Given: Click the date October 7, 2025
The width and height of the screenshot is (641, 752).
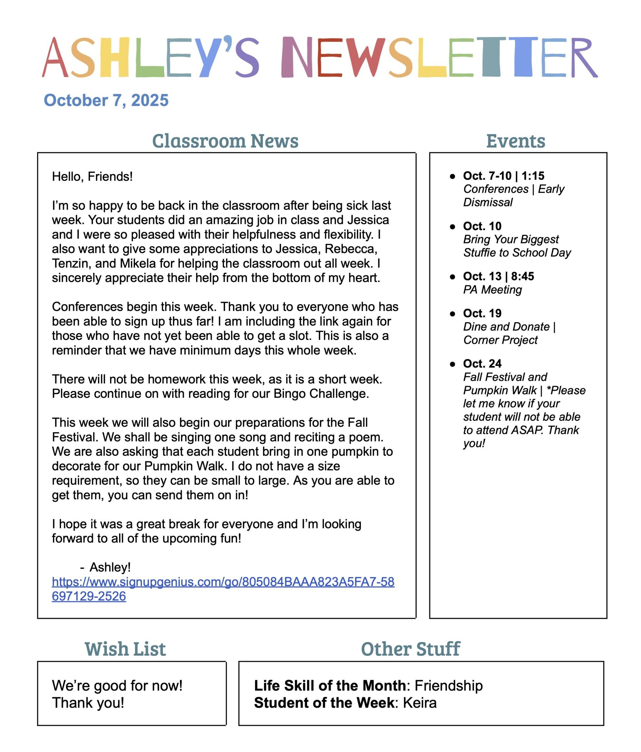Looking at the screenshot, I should click(x=106, y=100).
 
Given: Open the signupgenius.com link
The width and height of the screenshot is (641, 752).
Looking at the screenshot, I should click(x=223, y=582).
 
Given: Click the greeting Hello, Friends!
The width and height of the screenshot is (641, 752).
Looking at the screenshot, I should click(x=92, y=177).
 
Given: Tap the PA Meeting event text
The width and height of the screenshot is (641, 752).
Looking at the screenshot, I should click(x=492, y=290).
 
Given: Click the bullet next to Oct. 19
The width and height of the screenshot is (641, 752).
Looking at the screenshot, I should click(x=452, y=314).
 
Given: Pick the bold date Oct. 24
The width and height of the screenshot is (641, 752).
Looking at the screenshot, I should click(x=482, y=363).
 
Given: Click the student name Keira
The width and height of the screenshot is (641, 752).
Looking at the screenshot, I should click(x=419, y=703).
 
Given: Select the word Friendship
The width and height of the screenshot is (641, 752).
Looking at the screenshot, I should click(x=448, y=685).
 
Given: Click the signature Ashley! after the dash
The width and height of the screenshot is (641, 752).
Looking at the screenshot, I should click(x=110, y=567).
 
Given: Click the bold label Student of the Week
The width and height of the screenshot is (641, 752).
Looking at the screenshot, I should click(x=324, y=703).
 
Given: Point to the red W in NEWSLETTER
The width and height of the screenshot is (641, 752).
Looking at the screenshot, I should click(x=365, y=57).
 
